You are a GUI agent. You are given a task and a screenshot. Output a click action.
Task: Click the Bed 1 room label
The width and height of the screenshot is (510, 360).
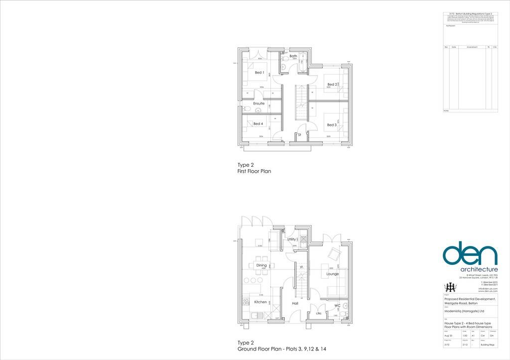coord(259,73)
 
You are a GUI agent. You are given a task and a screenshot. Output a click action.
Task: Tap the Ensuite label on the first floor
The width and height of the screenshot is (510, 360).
coord(258,104)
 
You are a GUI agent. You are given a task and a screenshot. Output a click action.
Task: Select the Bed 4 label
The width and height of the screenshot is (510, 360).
coord(258,124)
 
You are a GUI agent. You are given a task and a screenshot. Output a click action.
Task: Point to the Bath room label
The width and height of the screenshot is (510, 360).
coord(293,56)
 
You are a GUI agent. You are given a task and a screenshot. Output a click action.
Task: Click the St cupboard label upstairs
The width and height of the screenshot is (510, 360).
coord(299,135)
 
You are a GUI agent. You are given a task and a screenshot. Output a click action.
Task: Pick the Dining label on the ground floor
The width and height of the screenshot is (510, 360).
coord(261,265)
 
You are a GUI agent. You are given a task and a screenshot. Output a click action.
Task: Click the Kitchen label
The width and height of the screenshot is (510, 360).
coord(260,302)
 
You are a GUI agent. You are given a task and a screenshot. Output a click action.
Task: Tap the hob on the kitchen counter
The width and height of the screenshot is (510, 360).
coord(246,302)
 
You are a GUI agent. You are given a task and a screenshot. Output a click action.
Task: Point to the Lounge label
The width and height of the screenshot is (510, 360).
coord(332,274)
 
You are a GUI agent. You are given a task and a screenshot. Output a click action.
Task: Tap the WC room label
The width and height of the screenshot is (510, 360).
coord(337,306)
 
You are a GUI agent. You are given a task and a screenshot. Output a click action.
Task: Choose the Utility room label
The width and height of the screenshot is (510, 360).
coord(292,240)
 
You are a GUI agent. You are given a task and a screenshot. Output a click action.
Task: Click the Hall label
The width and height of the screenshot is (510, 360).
coord(295,303)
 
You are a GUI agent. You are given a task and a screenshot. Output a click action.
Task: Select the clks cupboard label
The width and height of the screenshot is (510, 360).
coord(318,314)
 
